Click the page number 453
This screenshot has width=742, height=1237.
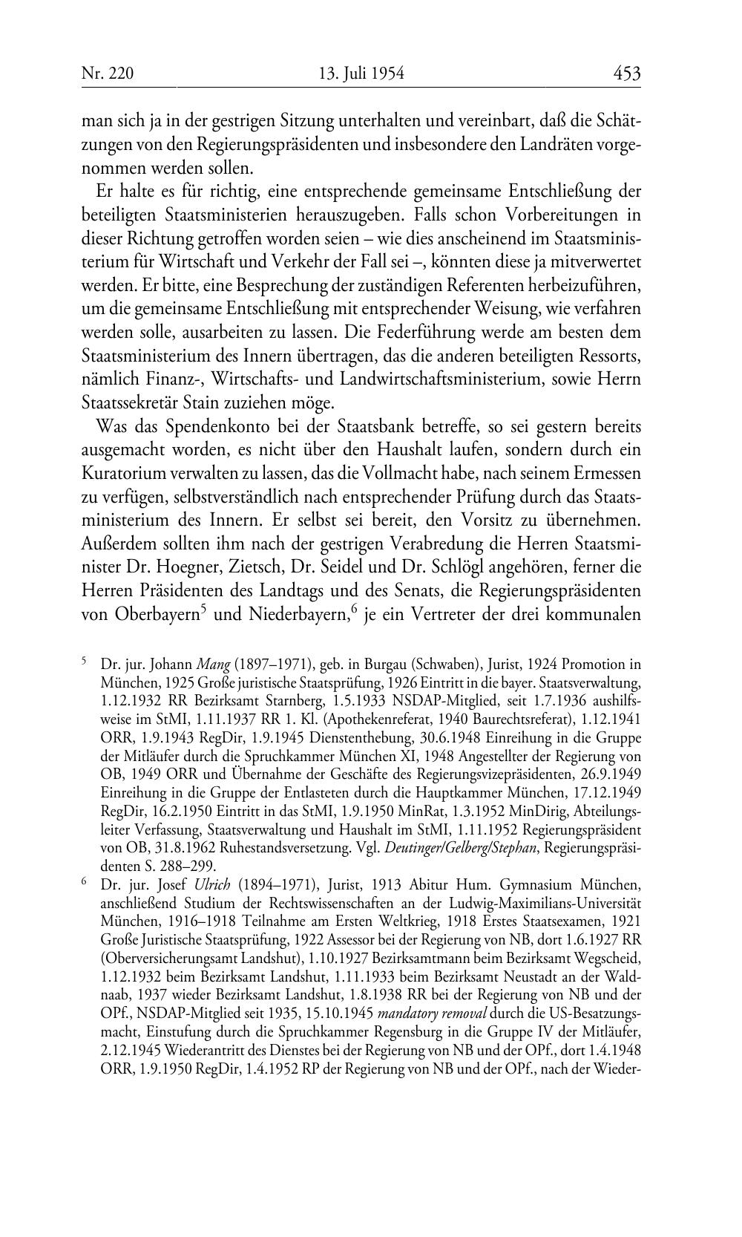(626, 73)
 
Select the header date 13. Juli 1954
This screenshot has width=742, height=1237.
(361, 74)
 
